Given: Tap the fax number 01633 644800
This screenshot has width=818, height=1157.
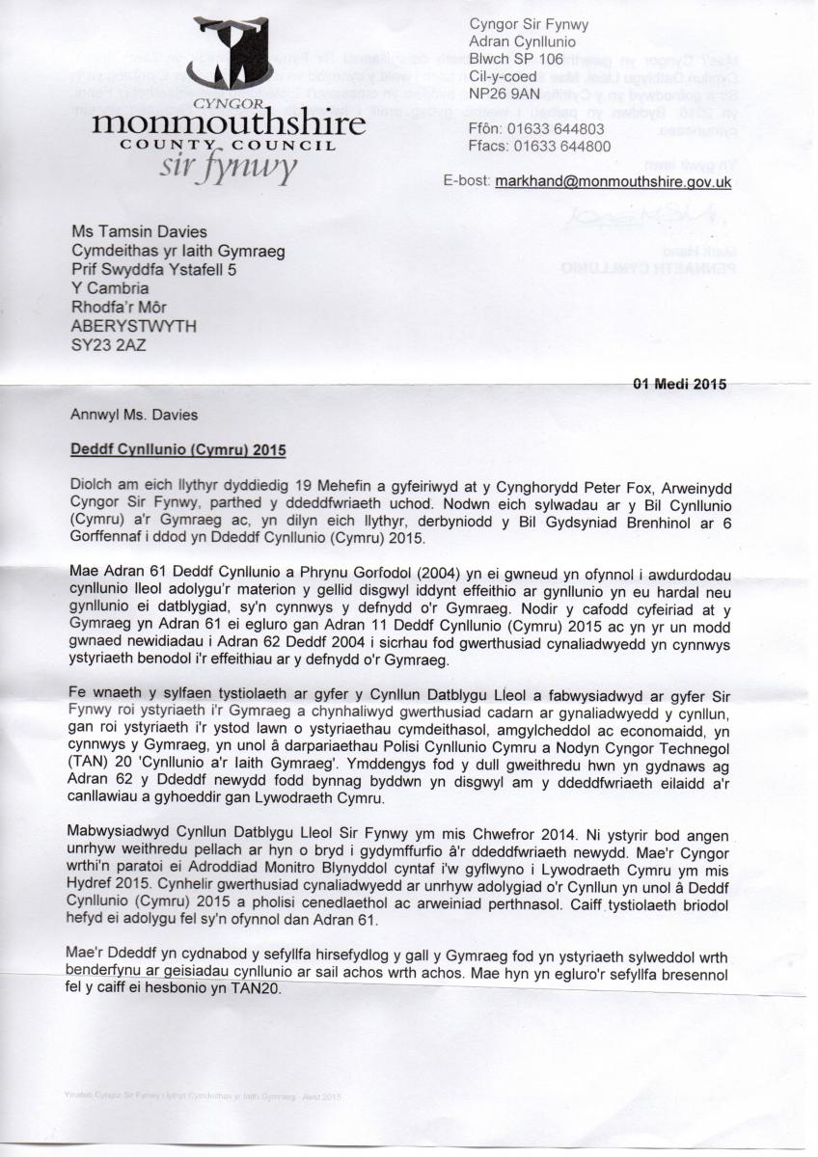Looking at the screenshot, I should [x=563, y=146].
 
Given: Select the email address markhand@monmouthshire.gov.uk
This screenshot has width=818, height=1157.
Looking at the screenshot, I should [x=613, y=181].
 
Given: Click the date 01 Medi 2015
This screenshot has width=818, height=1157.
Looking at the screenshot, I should [x=679, y=384].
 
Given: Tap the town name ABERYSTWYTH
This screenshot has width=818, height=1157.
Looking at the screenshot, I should [x=134, y=326].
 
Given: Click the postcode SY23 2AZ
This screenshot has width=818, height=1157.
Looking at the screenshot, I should [x=109, y=344].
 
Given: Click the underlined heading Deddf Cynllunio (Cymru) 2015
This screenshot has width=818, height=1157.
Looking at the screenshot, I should [x=178, y=449].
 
